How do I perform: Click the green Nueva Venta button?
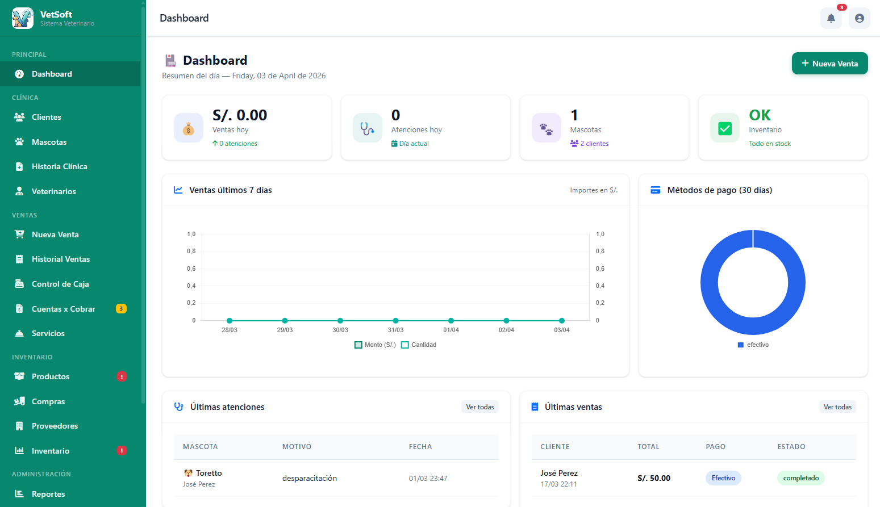[x=829, y=63]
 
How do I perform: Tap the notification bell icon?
[x=831, y=18]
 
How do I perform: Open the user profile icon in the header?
[x=859, y=18]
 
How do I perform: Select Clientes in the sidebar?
[x=46, y=117]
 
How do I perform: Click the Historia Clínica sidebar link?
[x=59, y=166]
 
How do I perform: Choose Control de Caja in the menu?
[x=60, y=284]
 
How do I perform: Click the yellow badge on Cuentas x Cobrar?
[x=121, y=309]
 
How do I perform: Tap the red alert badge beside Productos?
[x=122, y=376]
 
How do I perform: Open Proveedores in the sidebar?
[x=55, y=426]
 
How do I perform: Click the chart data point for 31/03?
[x=395, y=320]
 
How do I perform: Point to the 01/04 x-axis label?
[x=451, y=330]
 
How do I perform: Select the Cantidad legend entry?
[x=419, y=345]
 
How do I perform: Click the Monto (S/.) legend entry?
[x=375, y=345]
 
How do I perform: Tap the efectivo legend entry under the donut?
[x=753, y=345]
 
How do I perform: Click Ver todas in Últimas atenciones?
[x=479, y=407]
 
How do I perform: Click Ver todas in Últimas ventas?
[x=837, y=407]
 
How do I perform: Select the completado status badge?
[x=800, y=478]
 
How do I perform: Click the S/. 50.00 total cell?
[x=654, y=478]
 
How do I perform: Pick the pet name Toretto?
[x=208, y=473]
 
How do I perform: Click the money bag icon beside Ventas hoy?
[x=189, y=128]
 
